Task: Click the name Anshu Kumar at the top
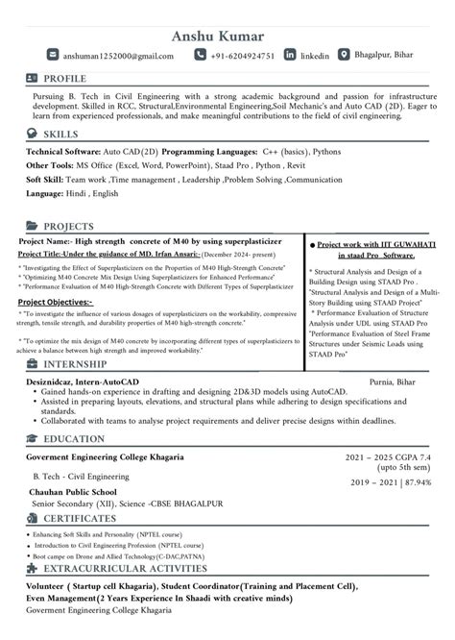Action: click(x=227, y=37)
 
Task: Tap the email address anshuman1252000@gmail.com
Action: click(x=119, y=57)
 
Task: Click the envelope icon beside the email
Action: click(x=53, y=56)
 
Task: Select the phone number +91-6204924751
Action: click(x=244, y=57)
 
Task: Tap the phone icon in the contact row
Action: click(x=200, y=56)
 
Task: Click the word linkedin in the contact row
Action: click(x=315, y=57)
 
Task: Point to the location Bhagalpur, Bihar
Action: click(x=384, y=56)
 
